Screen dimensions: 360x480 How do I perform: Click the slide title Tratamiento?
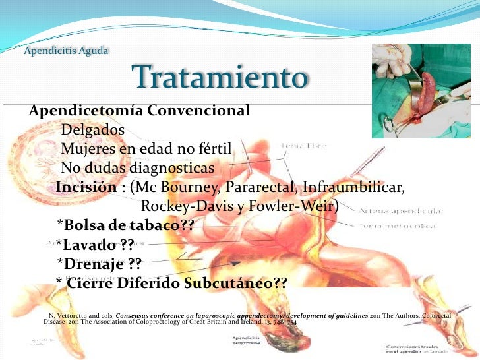pyautogui.click(x=220, y=78)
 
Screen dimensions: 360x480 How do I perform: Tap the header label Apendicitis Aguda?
pyautogui.click(x=66, y=51)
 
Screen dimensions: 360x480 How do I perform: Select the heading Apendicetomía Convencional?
pyautogui.click(x=139, y=110)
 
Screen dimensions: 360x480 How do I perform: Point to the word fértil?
pyautogui.click(x=222, y=148)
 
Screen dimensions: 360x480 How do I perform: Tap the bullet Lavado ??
pyautogui.click(x=95, y=245)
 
